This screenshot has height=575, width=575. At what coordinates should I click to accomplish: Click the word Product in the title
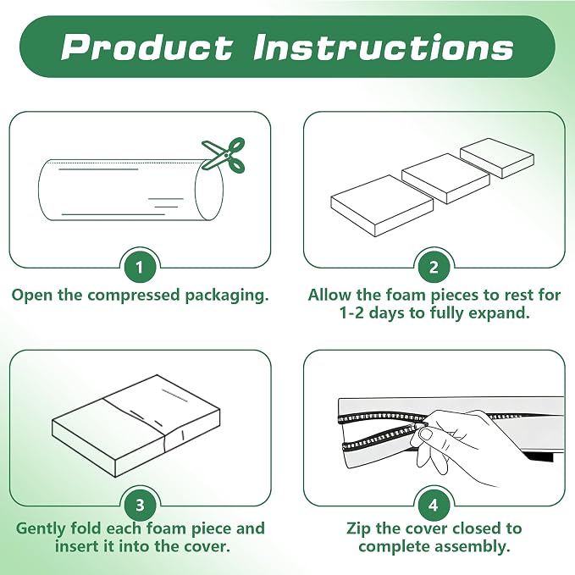pos(147,47)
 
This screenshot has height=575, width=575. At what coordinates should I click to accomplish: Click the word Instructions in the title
pos(384,47)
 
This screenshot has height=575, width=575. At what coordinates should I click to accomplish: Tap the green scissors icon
pos(224,155)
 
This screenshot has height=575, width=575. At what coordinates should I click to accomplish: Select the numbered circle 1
pos(140,268)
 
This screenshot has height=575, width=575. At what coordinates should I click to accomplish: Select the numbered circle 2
pos(434,268)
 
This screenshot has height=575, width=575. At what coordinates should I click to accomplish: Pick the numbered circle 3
pos(140,506)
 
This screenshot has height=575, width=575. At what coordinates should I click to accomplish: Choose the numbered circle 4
pos(434,506)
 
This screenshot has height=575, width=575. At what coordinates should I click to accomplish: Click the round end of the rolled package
pos(209,190)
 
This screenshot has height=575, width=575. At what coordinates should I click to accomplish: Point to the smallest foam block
pos(497,158)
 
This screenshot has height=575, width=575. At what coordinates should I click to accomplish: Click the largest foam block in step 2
pos(382,205)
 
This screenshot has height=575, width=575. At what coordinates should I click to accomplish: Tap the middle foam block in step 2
pos(446,178)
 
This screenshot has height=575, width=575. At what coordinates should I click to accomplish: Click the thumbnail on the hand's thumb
pos(426,435)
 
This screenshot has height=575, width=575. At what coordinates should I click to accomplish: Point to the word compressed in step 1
pos(134,296)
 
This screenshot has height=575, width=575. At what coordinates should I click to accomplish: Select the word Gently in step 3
pos(40,529)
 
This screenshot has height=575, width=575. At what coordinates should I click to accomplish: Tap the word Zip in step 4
pos(359,528)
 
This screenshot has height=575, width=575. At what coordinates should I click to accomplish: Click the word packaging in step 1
pos(227,296)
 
